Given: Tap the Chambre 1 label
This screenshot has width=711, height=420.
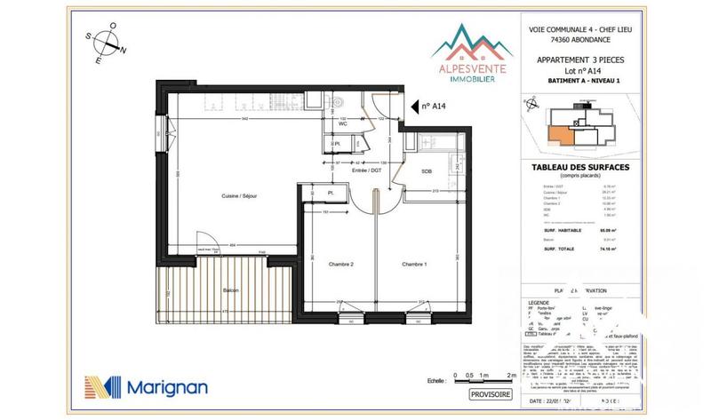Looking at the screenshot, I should click(x=414, y=265).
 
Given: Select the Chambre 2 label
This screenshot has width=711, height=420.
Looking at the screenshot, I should click(x=341, y=265).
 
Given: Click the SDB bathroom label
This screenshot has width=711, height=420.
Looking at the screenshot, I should click(x=427, y=170).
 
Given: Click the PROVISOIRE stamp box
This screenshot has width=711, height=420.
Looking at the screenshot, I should click(x=491, y=393).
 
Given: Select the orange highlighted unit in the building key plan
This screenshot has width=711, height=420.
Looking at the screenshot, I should click(x=559, y=134).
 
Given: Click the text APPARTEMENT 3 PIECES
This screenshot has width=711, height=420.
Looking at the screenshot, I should click(x=574, y=59).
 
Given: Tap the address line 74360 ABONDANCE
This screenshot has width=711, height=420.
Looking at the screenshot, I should click(x=574, y=40).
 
